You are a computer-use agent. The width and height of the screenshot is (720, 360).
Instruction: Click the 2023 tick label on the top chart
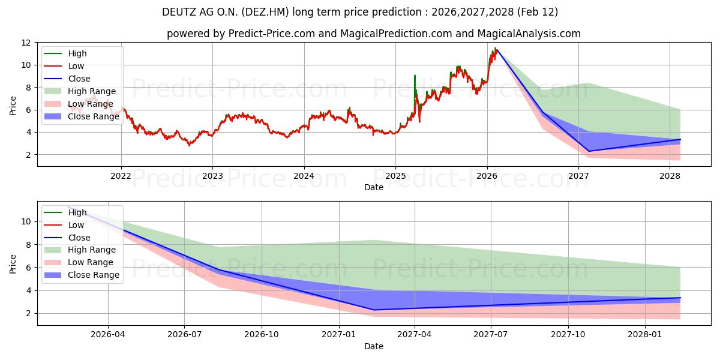point(212,176)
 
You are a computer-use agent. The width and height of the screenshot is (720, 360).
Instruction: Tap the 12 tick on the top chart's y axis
point(26,43)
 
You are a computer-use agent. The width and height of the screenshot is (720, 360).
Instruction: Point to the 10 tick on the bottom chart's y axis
point(26,221)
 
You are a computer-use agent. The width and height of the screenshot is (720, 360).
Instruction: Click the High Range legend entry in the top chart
point(92,91)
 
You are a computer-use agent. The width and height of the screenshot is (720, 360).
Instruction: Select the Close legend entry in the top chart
point(79,79)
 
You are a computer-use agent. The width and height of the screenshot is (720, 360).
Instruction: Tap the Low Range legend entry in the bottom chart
point(91,262)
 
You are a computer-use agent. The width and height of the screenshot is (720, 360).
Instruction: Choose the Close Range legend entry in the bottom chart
point(94,275)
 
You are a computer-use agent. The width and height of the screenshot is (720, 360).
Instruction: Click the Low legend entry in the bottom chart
point(76,225)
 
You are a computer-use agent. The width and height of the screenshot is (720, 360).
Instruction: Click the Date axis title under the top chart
point(374,188)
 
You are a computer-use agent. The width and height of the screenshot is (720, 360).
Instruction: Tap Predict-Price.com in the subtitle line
point(272,34)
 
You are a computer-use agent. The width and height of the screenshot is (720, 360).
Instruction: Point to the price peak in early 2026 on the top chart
point(496,49)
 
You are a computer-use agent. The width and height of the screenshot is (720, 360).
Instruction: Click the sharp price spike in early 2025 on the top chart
point(415,76)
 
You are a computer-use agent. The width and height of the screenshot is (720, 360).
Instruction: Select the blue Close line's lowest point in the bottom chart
point(373,310)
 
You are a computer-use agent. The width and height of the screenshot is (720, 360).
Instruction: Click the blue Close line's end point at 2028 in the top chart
point(680,139)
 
